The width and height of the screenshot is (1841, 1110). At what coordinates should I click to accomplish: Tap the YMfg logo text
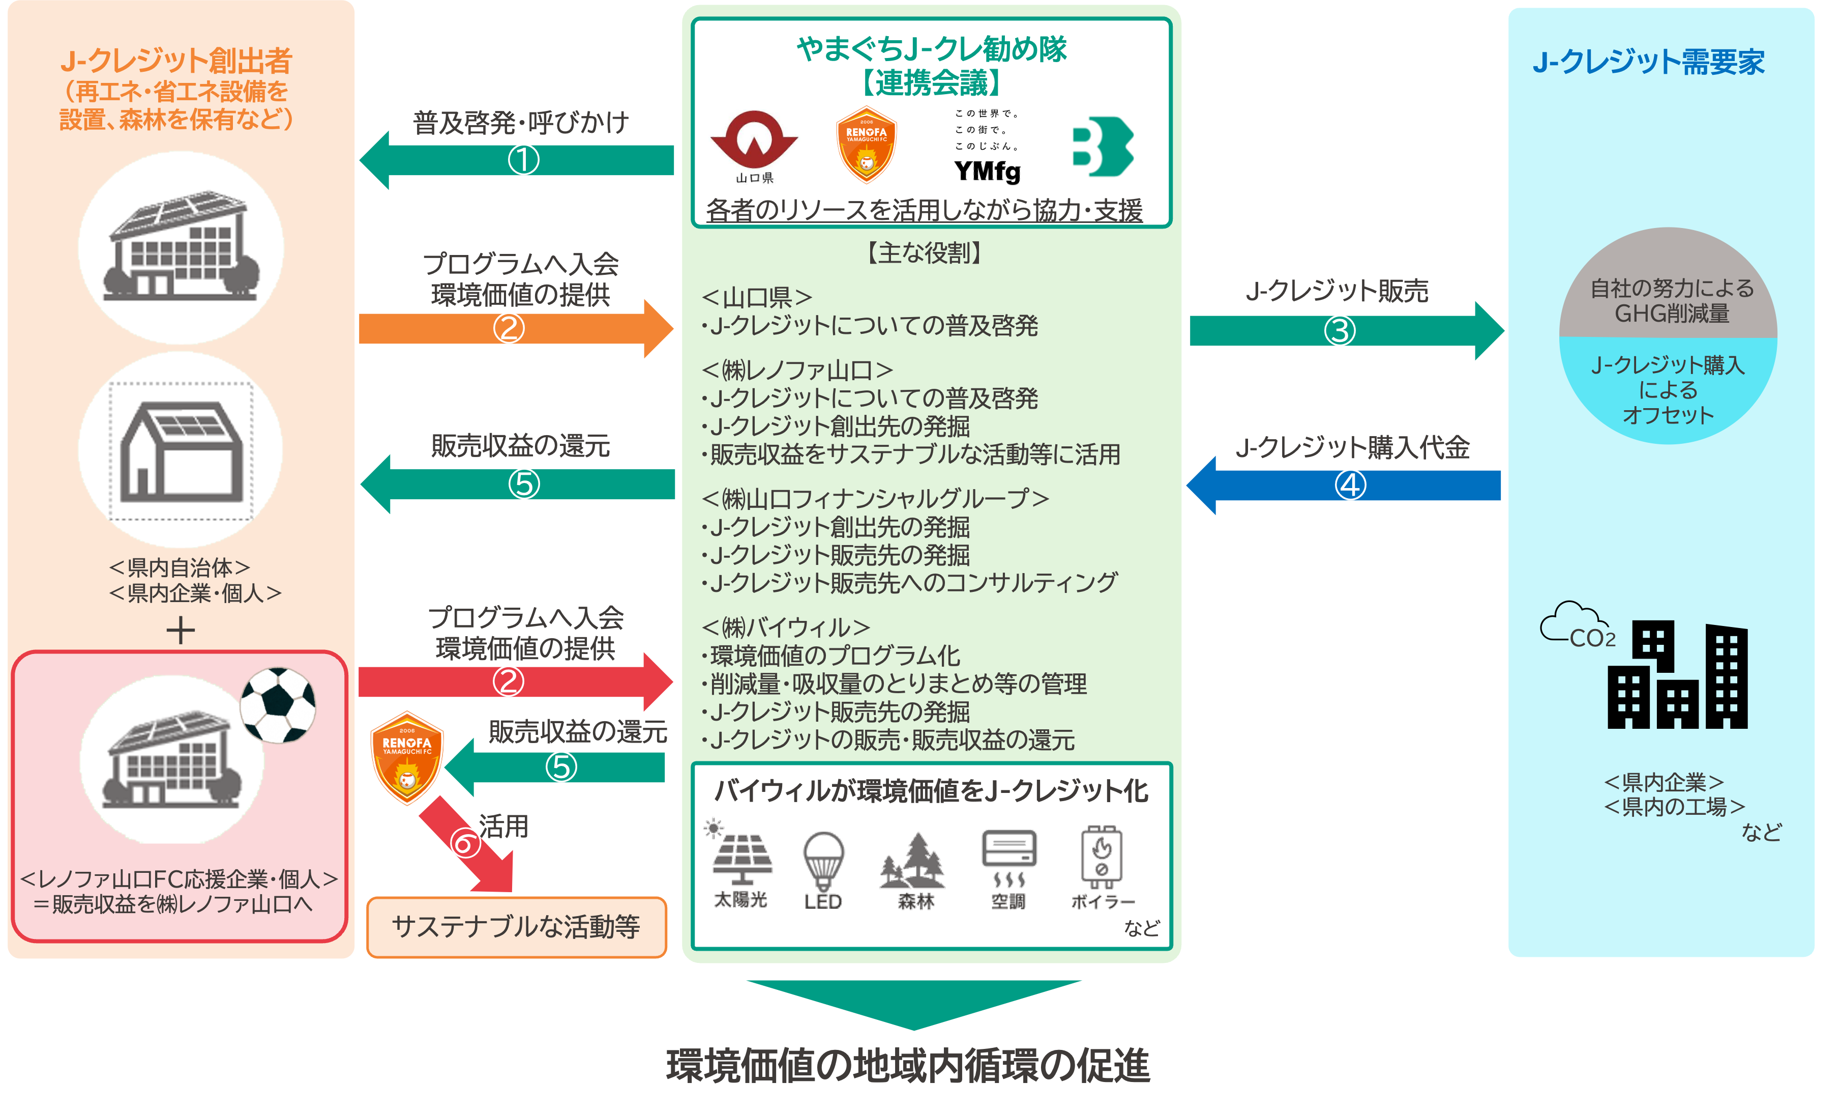click(x=987, y=171)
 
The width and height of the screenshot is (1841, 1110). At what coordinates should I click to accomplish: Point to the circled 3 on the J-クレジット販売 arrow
click(x=1339, y=330)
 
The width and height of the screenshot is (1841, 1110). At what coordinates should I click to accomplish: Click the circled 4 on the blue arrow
click(x=1350, y=485)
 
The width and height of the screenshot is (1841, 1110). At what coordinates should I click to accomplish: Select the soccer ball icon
click(x=278, y=705)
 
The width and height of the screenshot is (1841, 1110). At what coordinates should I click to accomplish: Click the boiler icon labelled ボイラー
click(x=1102, y=857)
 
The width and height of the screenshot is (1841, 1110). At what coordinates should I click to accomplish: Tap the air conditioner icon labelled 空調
click(x=1008, y=858)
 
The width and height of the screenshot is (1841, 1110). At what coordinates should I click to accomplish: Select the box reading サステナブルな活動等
click(x=516, y=927)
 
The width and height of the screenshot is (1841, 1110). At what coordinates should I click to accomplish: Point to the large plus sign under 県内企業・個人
click(x=180, y=630)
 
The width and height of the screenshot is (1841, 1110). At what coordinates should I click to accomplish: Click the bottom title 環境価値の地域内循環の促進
click(x=908, y=1066)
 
